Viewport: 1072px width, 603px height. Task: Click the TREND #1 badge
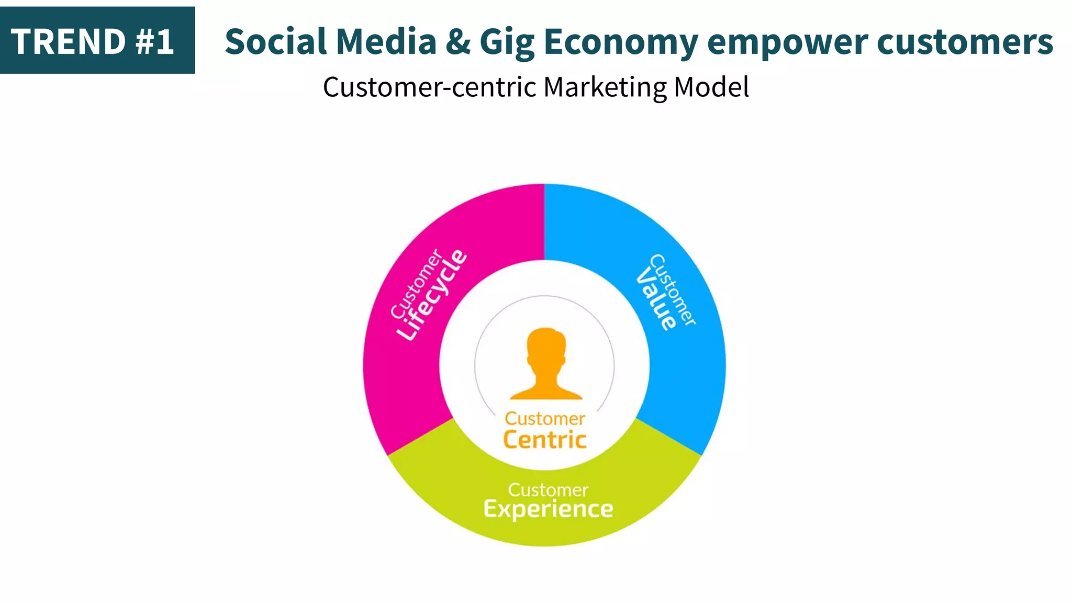[x=97, y=41]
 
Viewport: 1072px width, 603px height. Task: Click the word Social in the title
[x=276, y=42]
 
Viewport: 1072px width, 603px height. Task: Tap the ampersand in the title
[x=458, y=42]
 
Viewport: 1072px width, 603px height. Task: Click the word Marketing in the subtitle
[x=605, y=87]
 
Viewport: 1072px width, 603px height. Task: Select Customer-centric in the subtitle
[x=430, y=87]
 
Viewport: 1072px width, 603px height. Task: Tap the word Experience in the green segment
[x=548, y=509]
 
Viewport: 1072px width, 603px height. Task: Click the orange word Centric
[x=545, y=439]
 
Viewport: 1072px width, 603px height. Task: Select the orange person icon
[x=546, y=364]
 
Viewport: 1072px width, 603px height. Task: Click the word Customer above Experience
[x=548, y=490]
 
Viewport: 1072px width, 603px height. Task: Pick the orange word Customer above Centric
[x=545, y=419]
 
